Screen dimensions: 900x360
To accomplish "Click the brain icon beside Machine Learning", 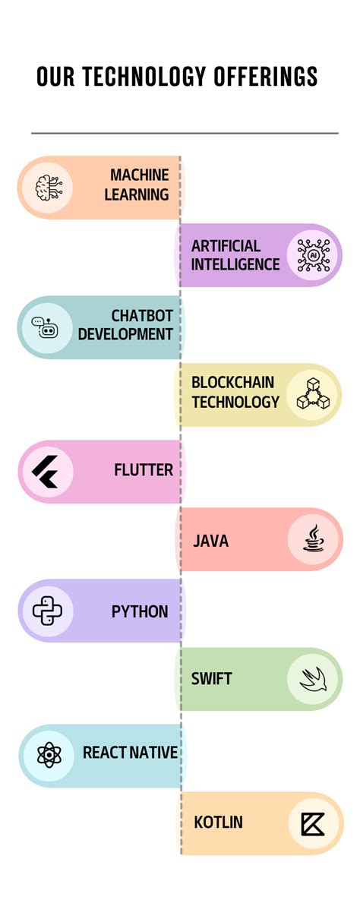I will click(46, 187).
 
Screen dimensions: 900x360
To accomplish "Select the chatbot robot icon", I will click(46, 327).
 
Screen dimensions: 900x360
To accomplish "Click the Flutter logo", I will click(46, 472).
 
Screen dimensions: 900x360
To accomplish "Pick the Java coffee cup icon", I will click(313, 540).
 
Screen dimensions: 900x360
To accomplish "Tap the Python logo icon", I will click(46, 610).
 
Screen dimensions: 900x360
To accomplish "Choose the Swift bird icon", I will click(312, 678).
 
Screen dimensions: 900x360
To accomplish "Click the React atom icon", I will click(46, 754).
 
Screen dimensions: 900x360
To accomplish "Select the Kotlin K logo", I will click(313, 823).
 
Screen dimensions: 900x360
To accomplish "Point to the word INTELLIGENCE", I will click(235, 264).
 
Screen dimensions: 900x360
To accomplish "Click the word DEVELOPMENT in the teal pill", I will click(125, 333).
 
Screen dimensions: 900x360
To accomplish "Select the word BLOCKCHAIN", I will click(232, 383).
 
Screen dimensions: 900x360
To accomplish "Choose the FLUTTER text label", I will click(144, 470).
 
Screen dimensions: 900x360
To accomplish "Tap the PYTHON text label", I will click(140, 611).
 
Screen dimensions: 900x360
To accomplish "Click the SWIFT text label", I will click(212, 678).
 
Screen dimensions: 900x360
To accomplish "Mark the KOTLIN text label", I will click(219, 823).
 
